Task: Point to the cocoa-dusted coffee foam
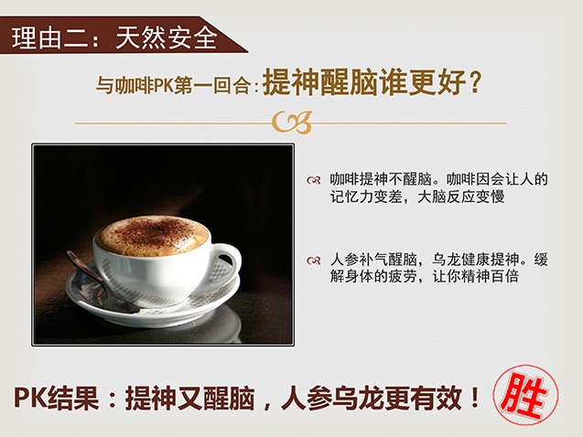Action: [x=152, y=235]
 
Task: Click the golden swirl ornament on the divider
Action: [x=292, y=123]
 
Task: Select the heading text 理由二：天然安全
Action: [x=114, y=37]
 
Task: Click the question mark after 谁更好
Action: [x=475, y=82]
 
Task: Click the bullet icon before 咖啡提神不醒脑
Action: [x=313, y=180]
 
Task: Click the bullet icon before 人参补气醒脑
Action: [x=313, y=261]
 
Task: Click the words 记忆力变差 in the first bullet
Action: [x=366, y=197]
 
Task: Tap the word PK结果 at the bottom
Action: [x=57, y=399]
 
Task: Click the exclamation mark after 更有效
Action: [x=474, y=398]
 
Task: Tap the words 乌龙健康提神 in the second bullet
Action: [x=476, y=260]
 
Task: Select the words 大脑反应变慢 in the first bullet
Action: [x=461, y=197]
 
